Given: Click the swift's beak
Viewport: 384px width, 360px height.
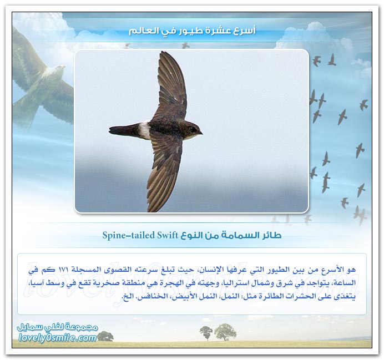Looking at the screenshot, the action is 201,133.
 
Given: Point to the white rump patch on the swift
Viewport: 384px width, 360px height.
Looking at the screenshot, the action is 145,130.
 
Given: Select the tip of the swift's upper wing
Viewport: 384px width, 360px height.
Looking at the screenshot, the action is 162,52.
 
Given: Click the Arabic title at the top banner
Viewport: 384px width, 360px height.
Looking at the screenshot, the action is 192,31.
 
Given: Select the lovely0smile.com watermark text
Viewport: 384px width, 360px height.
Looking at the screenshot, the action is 58,338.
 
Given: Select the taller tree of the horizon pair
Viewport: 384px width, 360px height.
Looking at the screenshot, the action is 225,332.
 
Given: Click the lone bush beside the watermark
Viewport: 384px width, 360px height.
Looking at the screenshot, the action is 105,336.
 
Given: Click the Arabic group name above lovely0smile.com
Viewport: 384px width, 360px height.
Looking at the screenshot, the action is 58,327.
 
